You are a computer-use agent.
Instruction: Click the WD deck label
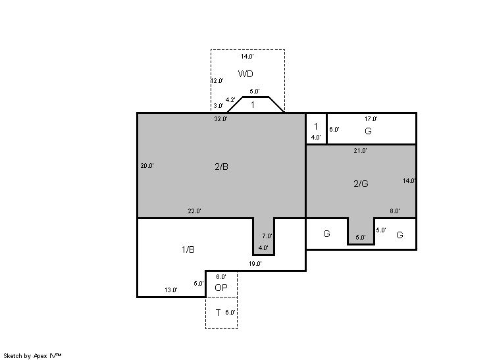[245, 74]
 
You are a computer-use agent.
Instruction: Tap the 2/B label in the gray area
[221, 167]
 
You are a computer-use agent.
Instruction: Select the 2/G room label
[361, 184]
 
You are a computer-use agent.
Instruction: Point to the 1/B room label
[188, 249]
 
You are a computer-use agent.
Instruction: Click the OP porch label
[221, 288]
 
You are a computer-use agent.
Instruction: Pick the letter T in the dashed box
[218, 313]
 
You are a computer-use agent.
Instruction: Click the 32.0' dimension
[220, 119]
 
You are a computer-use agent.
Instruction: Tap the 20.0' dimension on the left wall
[147, 166]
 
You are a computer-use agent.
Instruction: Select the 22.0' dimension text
[194, 211]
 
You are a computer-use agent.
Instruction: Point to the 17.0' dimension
[371, 119]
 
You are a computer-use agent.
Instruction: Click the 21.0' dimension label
[361, 151]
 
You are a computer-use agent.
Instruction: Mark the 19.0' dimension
[255, 264]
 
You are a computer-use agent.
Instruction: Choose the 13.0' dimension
[171, 290]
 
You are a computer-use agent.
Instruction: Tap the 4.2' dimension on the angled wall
[230, 100]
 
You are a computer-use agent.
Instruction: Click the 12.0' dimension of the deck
[217, 81]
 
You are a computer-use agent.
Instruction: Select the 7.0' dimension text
[267, 236]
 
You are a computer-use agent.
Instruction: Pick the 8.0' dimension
[395, 211]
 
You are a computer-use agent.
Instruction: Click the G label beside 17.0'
[369, 131]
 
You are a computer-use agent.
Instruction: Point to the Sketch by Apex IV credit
[32, 356]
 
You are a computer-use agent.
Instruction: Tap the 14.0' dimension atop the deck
[247, 57]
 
